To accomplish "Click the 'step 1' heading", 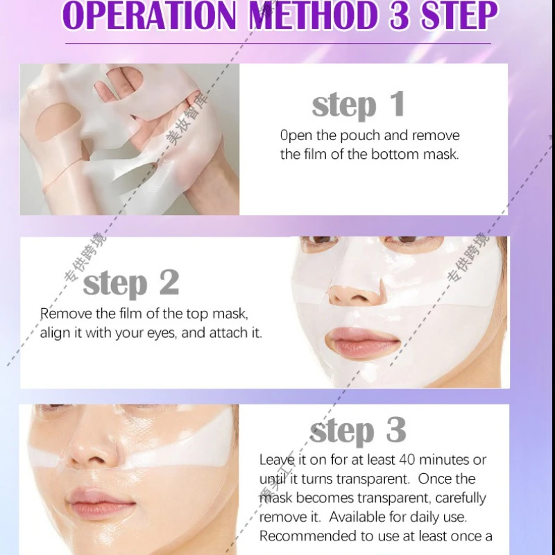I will [x=358, y=105].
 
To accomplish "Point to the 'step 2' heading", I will [x=131, y=283].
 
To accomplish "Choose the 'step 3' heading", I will [x=358, y=431].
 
